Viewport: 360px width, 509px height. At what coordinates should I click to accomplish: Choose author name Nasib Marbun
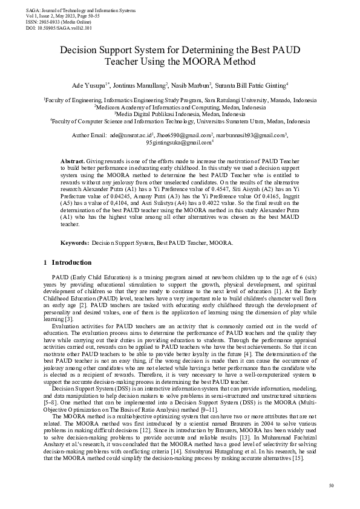(x=191, y=86)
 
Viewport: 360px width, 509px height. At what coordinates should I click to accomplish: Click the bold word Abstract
(x=73, y=161)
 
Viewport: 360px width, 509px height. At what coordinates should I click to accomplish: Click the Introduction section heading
(x=71, y=262)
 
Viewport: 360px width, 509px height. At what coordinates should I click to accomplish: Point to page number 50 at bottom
(x=330, y=485)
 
